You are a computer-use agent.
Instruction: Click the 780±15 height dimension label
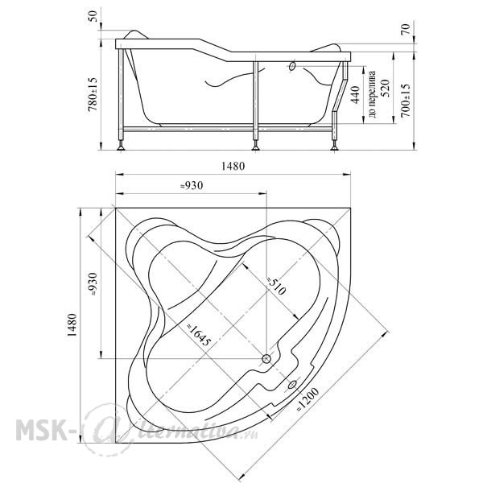(x=93, y=94)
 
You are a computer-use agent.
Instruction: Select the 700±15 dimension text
(x=406, y=100)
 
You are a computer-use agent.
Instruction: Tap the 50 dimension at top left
(x=93, y=16)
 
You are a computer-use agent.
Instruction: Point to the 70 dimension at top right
(x=406, y=29)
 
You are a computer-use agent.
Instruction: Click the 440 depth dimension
(x=355, y=95)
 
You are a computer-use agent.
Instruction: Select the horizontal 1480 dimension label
(x=233, y=167)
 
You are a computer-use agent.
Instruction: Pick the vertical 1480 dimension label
(x=72, y=325)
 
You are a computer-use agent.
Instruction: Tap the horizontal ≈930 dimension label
(x=192, y=186)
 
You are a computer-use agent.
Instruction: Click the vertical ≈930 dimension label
(x=93, y=284)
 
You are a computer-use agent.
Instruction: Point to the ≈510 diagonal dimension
(x=276, y=286)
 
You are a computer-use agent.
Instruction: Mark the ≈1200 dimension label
(x=308, y=399)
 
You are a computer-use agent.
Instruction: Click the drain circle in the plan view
(x=266, y=358)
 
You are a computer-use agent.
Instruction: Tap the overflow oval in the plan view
(x=292, y=385)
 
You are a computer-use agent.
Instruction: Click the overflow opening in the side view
(x=292, y=66)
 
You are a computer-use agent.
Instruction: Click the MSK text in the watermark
(x=41, y=429)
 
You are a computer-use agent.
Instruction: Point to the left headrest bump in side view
(x=136, y=34)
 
